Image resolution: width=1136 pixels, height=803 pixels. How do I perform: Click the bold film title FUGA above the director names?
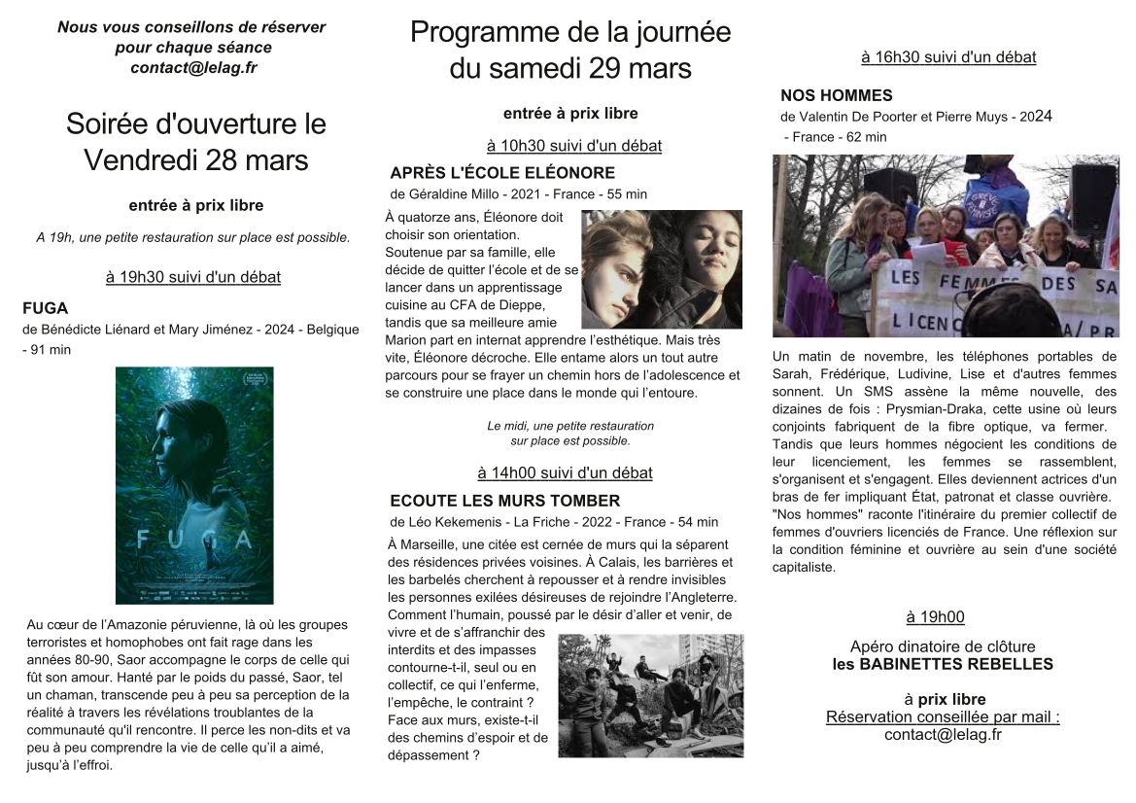pyautogui.click(x=45, y=308)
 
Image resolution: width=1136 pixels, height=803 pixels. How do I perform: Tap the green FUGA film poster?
pyautogui.click(x=194, y=485)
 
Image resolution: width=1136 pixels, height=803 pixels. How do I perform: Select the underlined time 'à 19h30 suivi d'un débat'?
pyautogui.click(x=192, y=277)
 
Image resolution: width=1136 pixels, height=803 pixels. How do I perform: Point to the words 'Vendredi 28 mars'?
pyautogui.click(x=195, y=158)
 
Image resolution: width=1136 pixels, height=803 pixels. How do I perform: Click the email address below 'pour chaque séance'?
pyautogui.click(x=193, y=68)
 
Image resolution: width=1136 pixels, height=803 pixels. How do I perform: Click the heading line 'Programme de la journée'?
pyautogui.click(x=570, y=32)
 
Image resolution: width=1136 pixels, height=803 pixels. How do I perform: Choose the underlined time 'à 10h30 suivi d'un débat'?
pyautogui.click(x=573, y=146)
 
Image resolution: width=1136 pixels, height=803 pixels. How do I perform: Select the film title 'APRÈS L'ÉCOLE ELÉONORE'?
pyautogui.click(x=502, y=173)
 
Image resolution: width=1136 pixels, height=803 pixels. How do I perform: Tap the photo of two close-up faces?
pyautogui.click(x=662, y=269)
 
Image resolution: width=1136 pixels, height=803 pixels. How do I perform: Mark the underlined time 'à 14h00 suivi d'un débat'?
pyautogui.click(x=565, y=473)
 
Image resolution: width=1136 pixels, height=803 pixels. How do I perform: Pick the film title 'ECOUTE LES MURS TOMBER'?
pyautogui.click(x=504, y=501)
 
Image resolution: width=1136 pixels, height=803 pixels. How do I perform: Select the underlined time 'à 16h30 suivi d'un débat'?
pyautogui.click(x=948, y=57)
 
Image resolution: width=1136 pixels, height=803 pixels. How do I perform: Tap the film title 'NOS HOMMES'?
pyautogui.click(x=836, y=95)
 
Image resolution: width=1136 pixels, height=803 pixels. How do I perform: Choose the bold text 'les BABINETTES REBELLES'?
pyautogui.click(x=943, y=665)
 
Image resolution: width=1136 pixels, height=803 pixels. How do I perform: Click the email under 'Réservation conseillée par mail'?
pyautogui.click(x=943, y=735)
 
